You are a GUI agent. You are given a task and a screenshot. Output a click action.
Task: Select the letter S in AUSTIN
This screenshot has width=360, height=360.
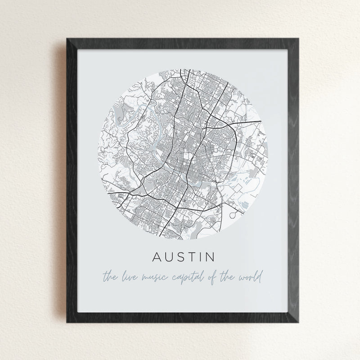click(x=182, y=258)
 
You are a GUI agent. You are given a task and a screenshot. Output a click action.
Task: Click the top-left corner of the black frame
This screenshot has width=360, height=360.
click(x=68, y=39)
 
